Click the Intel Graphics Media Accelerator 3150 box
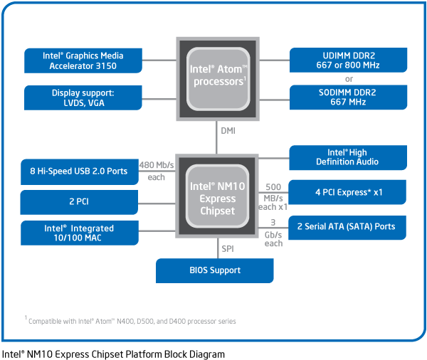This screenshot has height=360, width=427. (x=82, y=60)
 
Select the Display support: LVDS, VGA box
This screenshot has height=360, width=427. (x=82, y=97)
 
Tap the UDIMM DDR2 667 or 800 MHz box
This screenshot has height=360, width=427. (x=348, y=60)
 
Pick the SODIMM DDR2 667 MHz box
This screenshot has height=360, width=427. (x=348, y=97)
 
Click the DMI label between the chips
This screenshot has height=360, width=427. (x=228, y=131)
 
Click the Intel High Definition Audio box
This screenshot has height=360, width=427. (x=348, y=157)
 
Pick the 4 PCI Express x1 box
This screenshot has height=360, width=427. (x=348, y=192)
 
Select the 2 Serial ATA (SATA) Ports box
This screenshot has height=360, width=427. (x=348, y=227)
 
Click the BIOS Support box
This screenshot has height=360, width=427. (x=215, y=270)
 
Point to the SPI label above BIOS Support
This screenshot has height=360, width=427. (x=228, y=250)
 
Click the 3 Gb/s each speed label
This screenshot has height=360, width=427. (x=273, y=234)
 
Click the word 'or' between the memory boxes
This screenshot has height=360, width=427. (x=349, y=79)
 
